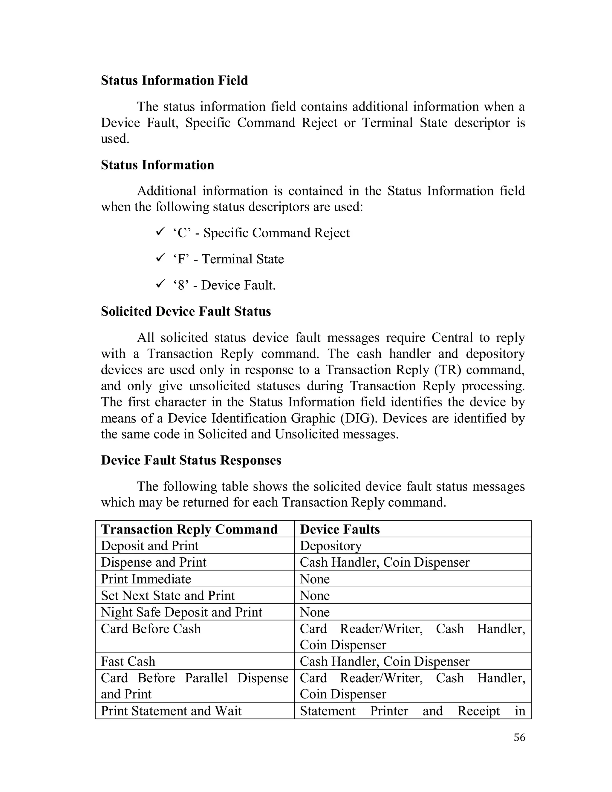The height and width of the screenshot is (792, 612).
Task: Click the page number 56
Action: click(519, 737)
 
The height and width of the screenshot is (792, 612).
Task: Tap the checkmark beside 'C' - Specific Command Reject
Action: click(160, 231)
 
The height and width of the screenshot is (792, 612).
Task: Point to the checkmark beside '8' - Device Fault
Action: click(160, 284)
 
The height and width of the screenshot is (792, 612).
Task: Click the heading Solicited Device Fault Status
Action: click(186, 311)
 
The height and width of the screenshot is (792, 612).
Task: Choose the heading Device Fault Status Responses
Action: click(191, 460)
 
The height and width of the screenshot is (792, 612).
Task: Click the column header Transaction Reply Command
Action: click(189, 529)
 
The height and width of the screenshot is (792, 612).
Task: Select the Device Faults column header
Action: click(340, 529)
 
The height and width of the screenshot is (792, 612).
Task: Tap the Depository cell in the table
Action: click(331, 546)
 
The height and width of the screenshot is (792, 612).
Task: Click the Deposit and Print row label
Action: click(149, 546)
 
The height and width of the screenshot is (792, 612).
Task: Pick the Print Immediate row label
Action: click(146, 579)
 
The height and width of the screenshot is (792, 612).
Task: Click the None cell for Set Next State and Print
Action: click(315, 595)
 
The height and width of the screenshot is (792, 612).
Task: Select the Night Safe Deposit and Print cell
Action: click(181, 612)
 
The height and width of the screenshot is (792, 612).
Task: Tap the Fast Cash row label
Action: click(128, 661)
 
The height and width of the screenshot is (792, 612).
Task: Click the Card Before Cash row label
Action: click(151, 629)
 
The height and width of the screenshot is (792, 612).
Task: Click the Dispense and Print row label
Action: click(153, 562)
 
